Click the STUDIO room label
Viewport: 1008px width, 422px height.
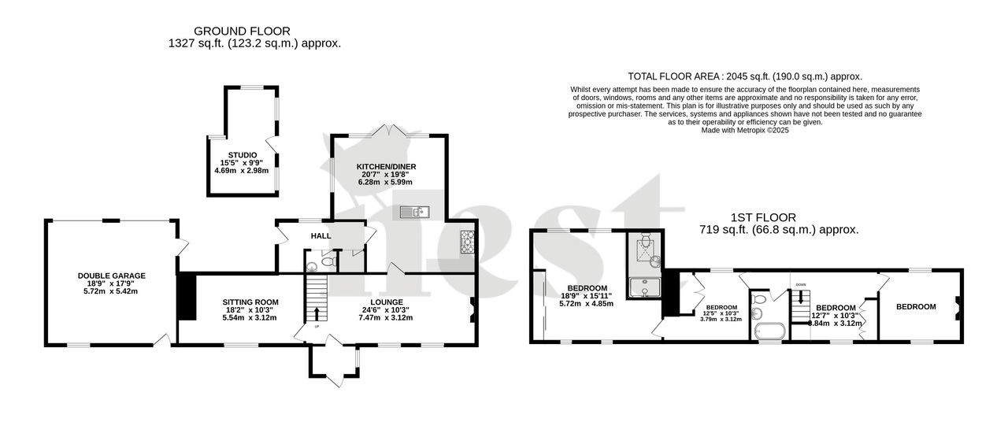(x=243, y=155)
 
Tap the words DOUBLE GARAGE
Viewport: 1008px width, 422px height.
(x=112, y=276)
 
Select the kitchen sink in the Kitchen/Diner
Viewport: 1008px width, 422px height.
(x=413, y=211)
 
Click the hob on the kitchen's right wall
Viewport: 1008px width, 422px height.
(x=466, y=242)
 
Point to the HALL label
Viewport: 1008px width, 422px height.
(x=321, y=235)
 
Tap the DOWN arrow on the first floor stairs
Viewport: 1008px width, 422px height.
(x=802, y=296)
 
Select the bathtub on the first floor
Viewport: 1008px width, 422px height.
(x=769, y=331)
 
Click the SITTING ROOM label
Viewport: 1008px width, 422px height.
(x=251, y=302)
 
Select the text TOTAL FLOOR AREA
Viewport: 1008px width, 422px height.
(x=677, y=76)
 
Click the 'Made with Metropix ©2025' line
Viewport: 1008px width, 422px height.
(x=744, y=131)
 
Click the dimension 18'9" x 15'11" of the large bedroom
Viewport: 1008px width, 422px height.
(x=587, y=295)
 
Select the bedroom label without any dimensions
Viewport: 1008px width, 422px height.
(x=916, y=306)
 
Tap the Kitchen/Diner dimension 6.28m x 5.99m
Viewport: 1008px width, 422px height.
(x=386, y=182)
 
